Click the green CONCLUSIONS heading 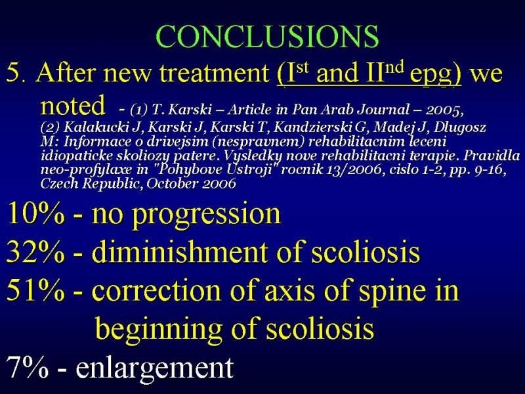267,36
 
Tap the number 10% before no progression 35,214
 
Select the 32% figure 35,252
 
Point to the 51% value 35,290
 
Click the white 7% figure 27,366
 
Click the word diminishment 179,252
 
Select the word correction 156,290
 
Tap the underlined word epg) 436,75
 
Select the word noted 73,105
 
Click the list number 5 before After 14,73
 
